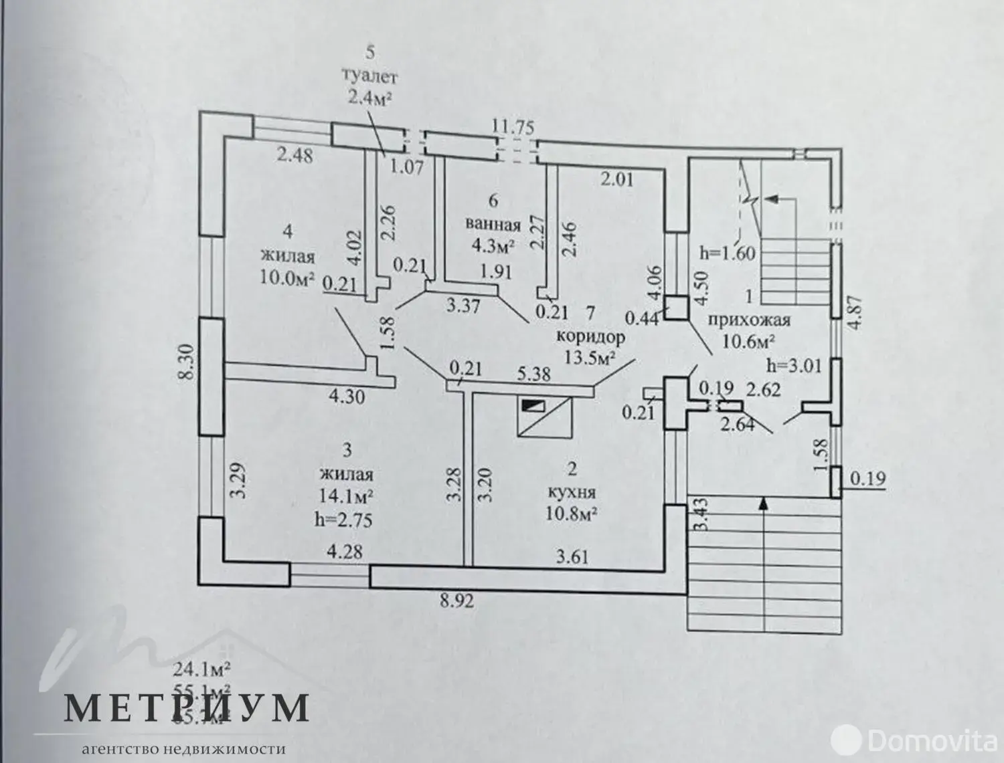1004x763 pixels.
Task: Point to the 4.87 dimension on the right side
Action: [x=853, y=310]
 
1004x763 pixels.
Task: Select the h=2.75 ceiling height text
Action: [x=345, y=520]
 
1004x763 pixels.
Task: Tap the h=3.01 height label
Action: [x=794, y=365]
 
